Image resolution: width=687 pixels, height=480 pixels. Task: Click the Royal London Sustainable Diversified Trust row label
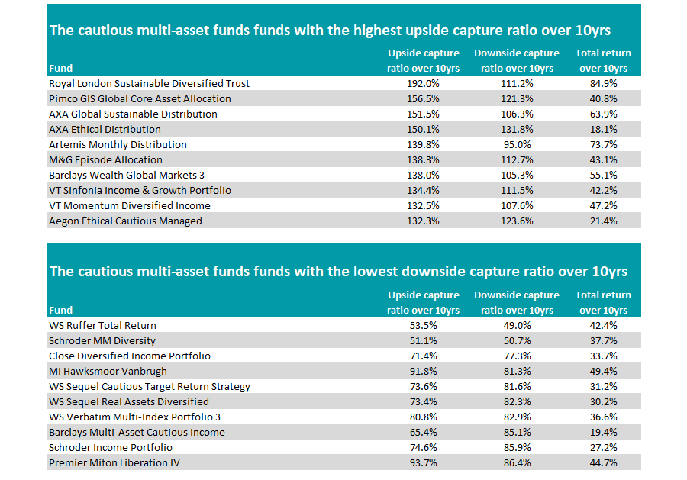click(x=149, y=83)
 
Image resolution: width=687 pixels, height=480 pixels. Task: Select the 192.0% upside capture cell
click(x=424, y=83)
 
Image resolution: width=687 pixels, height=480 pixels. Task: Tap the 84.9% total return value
click(x=603, y=83)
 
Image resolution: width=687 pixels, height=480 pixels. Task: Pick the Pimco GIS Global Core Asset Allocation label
click(x=140, y=98)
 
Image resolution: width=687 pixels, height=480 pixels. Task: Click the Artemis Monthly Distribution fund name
click(x=118, y=144)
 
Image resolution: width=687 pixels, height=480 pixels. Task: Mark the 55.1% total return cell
click(x=603, y=175)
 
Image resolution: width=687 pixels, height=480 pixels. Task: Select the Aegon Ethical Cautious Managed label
click(x=125, y=221)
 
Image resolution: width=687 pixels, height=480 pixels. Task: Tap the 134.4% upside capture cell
click(x=424, y=190)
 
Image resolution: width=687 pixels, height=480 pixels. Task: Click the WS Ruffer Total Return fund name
click(x=104, y=325)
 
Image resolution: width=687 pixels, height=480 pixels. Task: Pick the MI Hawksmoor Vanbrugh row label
click(x=108, y=371)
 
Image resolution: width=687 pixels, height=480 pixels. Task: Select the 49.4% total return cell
click(x=603, y=371)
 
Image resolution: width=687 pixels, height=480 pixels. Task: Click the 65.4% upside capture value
click(x=424, y=432)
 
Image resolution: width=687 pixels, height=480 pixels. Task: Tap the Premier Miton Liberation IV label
click(x=114, y=462)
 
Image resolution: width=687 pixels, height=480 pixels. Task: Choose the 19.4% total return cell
click(x=603, y=432)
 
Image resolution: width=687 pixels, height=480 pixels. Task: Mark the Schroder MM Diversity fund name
click(x=102, y=340)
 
